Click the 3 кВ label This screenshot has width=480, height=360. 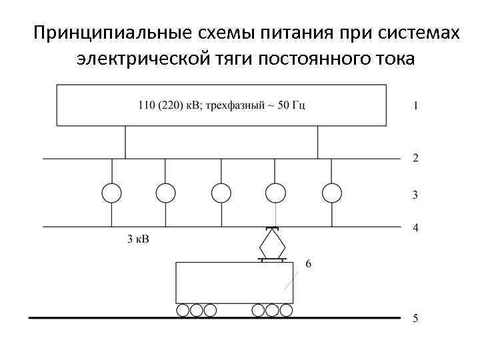pos(137,239)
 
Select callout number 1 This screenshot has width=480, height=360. pos(416,105)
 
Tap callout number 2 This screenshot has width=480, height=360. pos(416,158)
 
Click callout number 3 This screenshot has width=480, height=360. pos(416,195)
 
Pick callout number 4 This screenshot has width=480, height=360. pos(416,228)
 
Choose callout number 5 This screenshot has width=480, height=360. pos(416,319)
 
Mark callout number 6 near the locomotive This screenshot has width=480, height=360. pos(308,263)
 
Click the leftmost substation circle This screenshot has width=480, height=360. pos(111,193)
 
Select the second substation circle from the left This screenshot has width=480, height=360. pos(166,193)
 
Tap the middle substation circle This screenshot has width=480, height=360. pos(221,193)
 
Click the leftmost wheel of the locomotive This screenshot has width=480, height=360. pos(183,311)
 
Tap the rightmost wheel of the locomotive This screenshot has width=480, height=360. pos(286,311)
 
